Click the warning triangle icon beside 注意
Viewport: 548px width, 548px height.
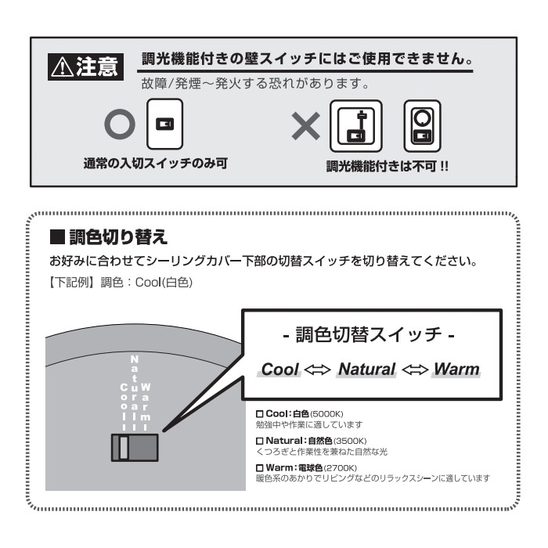(62, 67)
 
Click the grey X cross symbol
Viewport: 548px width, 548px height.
(306, 126)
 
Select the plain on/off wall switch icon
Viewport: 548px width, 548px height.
(164, 124)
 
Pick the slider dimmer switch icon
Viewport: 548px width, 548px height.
(355, 126)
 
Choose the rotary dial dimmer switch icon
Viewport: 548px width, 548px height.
(422, 126)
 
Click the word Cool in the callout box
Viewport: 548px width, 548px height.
(279, 370)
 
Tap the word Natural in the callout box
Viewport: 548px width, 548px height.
(366, 370)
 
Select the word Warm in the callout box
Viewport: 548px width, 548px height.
(456, 370)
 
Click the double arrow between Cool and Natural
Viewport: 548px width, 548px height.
(317, 370)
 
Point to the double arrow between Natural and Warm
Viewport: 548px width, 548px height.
(415, 370)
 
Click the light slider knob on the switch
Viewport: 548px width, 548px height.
(124, 447)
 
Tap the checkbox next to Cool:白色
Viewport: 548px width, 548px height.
(259, 414)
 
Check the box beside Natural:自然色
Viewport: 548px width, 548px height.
(259, 441)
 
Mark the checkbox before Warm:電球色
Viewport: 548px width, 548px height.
(259, 468)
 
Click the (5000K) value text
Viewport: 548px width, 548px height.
(326, 414)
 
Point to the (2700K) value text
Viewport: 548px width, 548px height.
(341, 468)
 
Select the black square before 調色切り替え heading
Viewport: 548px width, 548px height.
(57, 236)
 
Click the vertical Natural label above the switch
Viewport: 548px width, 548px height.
(134, 393)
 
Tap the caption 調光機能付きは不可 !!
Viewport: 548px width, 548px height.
(388, 166)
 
